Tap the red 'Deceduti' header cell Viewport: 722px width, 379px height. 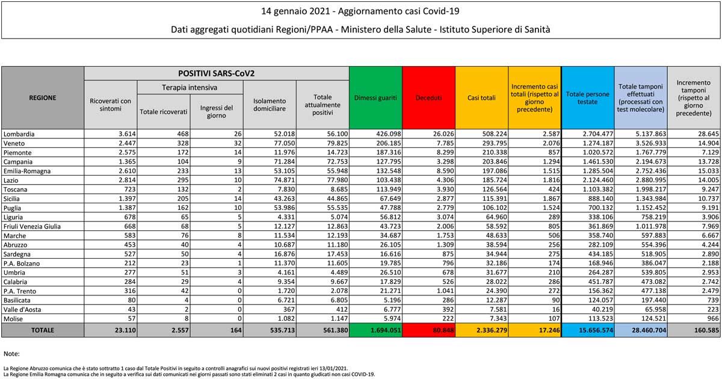[428, 97]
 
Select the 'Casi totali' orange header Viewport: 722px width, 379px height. [481, 97]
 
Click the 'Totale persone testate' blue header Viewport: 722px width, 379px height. [588, 97]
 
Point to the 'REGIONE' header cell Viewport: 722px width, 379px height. [42, 97]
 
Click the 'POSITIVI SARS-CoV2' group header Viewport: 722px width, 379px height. [217, 73]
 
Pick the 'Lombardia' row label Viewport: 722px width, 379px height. [19, 134]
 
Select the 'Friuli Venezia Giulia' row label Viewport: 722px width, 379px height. [31, 226]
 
